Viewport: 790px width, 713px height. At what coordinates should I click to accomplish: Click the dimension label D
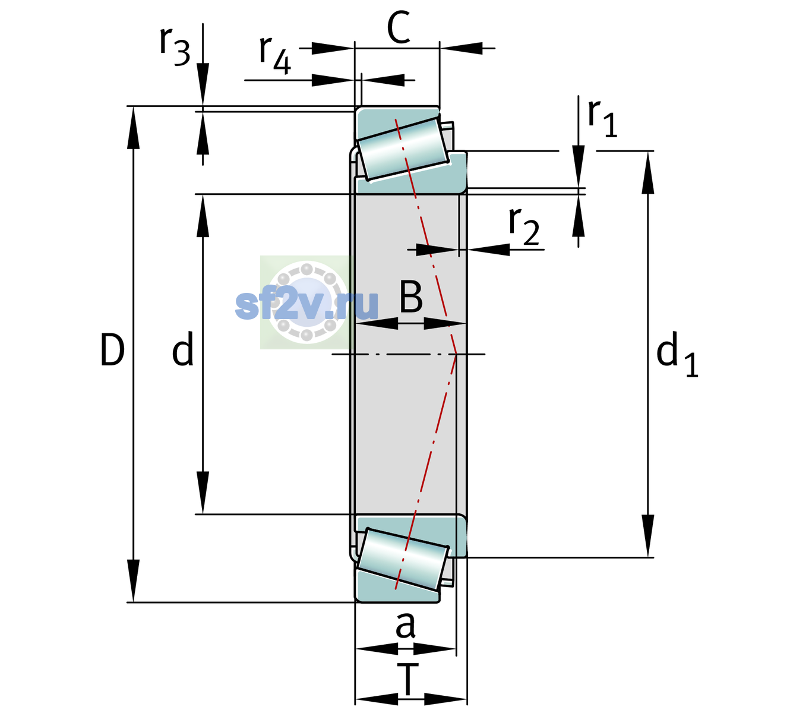112,350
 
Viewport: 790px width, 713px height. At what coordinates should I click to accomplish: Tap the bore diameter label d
183,349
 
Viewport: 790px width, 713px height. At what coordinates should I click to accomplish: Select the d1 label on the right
677,354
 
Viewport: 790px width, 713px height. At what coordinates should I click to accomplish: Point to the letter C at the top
399,27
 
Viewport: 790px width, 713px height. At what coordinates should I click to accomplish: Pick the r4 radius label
275,55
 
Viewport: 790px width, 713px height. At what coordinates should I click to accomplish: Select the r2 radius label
524,226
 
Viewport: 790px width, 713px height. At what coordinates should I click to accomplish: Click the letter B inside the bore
411,296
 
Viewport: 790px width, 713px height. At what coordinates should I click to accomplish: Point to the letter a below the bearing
405,626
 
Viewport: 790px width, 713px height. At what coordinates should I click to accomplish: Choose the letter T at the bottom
407,679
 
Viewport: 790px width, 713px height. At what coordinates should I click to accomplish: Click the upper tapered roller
403,149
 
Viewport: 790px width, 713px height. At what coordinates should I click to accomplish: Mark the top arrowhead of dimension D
133,128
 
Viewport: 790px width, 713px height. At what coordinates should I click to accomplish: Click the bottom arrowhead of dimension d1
648,536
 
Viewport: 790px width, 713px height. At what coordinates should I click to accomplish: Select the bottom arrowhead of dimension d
203,493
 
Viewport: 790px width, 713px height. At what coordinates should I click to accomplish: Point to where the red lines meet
456,354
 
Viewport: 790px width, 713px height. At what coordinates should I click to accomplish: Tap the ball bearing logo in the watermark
306,302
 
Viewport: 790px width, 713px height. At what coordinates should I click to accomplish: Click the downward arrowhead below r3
203,84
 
